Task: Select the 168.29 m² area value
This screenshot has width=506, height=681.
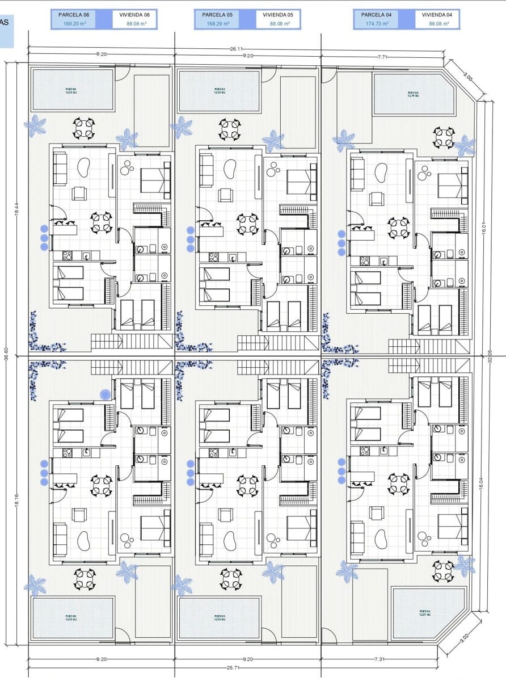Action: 218,24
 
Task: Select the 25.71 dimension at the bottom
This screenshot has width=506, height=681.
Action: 233,668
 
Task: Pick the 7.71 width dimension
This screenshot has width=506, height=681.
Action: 382,57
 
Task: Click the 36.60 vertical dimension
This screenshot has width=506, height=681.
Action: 7,354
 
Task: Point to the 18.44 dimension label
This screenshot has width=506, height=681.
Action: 16,209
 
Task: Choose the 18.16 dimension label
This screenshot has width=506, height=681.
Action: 16,502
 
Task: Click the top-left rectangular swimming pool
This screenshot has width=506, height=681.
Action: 72,90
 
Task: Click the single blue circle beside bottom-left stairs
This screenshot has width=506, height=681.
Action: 105,394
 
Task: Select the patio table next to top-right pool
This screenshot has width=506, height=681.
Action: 444,137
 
